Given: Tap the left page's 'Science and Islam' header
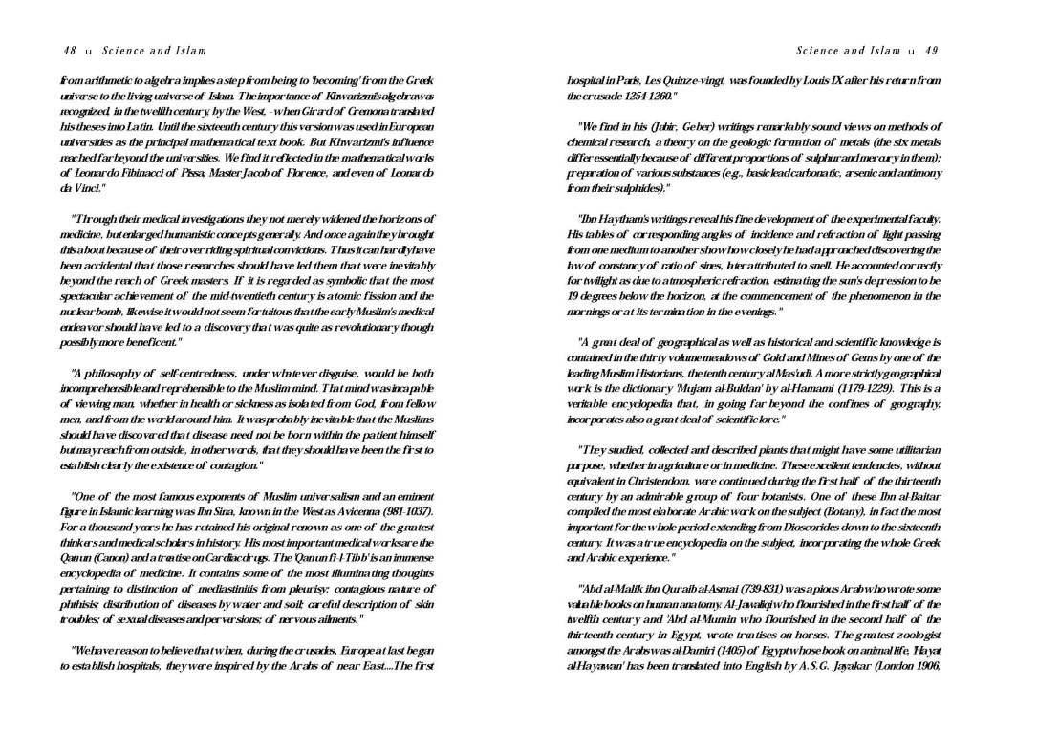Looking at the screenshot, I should click(x=154, y=51).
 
